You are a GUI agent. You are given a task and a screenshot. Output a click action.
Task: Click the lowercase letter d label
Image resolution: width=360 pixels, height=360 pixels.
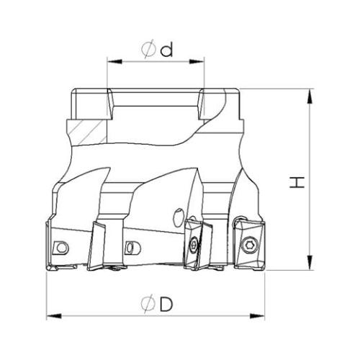coord(166,50)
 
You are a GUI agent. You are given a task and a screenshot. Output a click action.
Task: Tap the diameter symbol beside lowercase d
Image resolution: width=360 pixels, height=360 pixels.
coord(149,50)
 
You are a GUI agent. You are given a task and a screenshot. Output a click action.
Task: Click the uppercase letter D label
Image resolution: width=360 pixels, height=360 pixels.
coord(166,305)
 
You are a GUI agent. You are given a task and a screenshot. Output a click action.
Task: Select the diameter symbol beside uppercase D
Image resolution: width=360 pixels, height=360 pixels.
coord(148,305)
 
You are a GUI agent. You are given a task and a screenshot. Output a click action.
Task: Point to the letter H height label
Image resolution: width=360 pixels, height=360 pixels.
coord(297,182)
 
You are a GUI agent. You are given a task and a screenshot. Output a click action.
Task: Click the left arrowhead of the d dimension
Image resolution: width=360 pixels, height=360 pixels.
coord(115,62)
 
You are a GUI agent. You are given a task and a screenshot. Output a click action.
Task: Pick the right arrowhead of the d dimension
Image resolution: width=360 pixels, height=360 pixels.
coord(197,62)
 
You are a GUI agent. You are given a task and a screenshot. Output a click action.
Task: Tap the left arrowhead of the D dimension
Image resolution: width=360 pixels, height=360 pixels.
coord(54,316)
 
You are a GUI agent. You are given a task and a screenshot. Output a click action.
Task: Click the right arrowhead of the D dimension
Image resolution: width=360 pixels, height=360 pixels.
coord(257,316)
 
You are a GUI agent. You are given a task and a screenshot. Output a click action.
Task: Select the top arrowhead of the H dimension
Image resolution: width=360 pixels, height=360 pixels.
coord(310,96)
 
